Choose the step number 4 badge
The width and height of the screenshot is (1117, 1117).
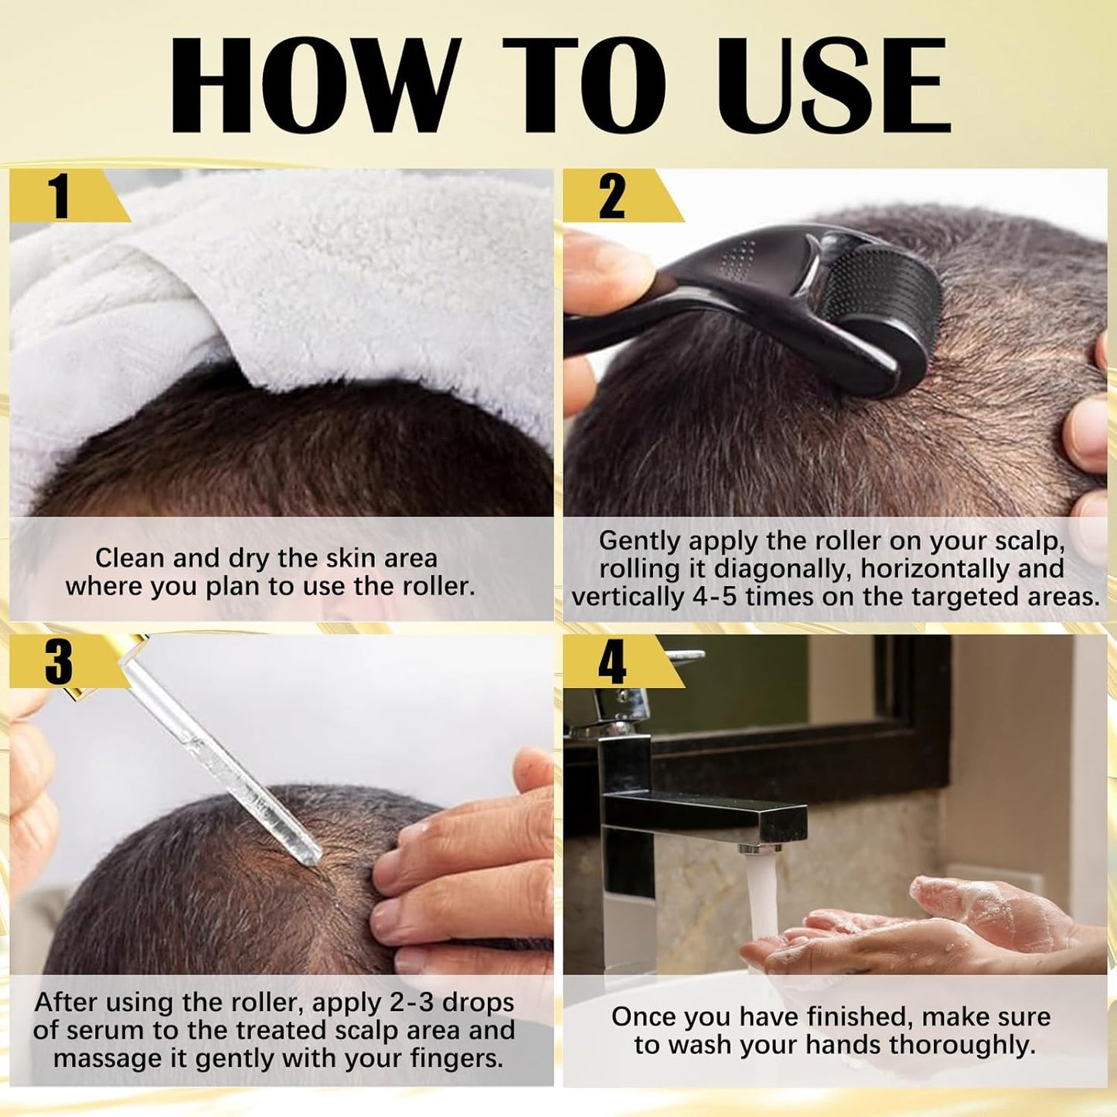pyautogui.click(x=612, y=662)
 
